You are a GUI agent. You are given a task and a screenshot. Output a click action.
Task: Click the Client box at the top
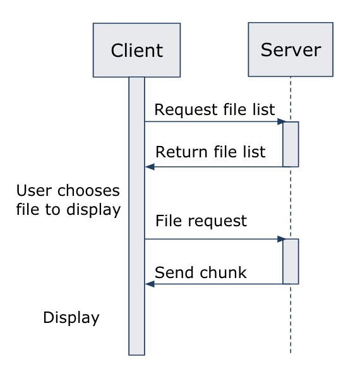[x=136, y=50]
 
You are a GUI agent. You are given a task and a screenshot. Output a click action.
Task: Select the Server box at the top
[x=291, y=49]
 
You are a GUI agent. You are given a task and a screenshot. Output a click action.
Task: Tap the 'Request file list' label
[x=215, y=109]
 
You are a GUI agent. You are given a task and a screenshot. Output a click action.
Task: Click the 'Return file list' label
[x=210, y=152]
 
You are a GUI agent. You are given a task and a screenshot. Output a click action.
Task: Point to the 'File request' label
[x=201, y=221]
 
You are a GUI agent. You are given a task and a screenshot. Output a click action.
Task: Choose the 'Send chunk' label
[x=200, y=272]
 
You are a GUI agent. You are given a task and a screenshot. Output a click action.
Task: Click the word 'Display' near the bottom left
[x=71, y=318]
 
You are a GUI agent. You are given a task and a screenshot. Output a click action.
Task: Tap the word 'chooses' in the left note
[x=88, y=191]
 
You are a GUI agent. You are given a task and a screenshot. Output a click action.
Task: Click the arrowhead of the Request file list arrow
[x=282, y=121]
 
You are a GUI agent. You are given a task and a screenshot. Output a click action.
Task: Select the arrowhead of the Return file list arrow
[x=150, y=167]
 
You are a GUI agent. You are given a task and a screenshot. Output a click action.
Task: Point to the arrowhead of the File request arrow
[x=282, y=239]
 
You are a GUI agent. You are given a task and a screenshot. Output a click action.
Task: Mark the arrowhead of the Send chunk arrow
[x=150, y=284]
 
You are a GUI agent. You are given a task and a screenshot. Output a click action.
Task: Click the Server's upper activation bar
[x=291, y=144]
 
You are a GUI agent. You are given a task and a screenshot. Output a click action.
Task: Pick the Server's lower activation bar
[x=291, y=262]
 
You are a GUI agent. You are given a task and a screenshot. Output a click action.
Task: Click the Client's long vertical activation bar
[x=136, y=216]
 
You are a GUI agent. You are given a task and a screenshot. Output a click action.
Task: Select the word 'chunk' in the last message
[x=224, y=272]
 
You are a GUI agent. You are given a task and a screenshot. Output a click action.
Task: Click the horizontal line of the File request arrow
[x=214, y=239]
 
